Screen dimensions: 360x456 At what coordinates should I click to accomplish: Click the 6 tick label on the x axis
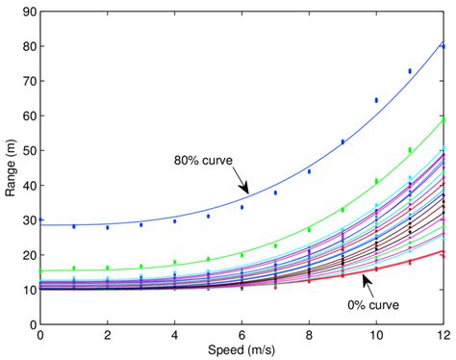tap(241, 335)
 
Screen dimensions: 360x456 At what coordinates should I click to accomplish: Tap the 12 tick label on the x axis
tap(442, 335)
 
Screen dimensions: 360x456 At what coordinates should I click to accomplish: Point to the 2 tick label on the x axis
tap(108, 335)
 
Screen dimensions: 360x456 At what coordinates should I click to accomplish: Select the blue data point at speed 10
tap(376, 100)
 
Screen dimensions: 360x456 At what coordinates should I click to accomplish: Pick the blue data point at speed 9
tap(342, 141)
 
